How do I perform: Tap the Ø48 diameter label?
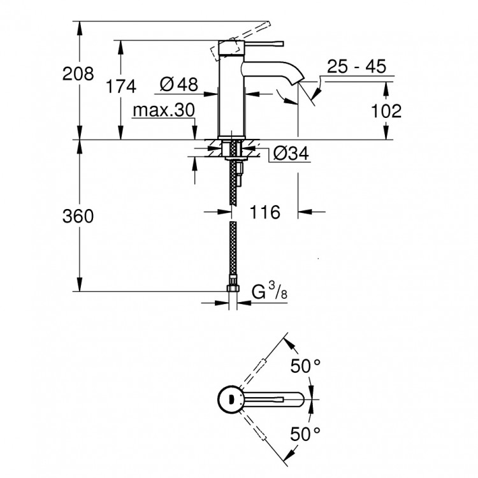pos(178,83)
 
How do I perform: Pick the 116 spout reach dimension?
pos(266,212)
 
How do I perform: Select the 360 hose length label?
pos(78,217)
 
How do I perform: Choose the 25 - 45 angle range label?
pos(357,67)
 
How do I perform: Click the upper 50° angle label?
pos(307,366)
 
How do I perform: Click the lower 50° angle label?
pos(307,435)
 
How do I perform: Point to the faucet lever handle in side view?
pos(261,43)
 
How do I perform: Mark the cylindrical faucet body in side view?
pos(233,96)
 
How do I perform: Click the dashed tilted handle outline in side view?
pos(225,47)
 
